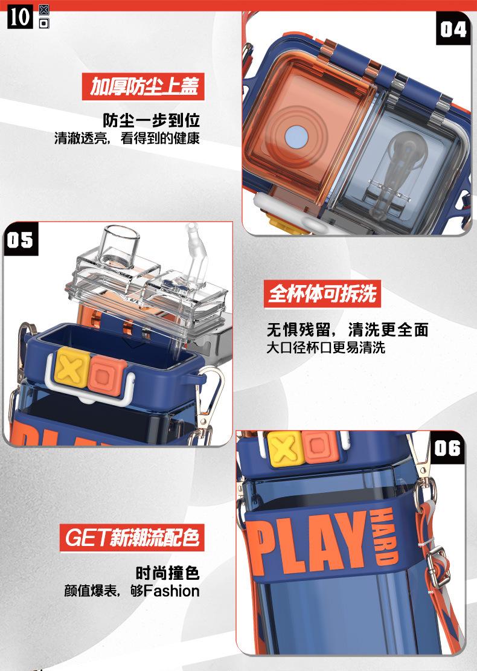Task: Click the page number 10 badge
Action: pyautogui.click(x=20, y=16)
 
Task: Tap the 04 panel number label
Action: pyautogui.click(x=452, y=28)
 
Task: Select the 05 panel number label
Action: pyautogui.click(x=20, y=240)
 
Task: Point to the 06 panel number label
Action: pyautogui.click(x=447, y=448)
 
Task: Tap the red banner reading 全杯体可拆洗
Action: pyautogui.click(x=322, y=294)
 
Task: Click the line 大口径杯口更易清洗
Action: pyautogui.click(x=325, y=348)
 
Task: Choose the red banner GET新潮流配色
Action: pyautogui.click(x=132, y=536)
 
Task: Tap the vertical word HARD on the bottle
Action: pyautogui.click(x=383, y=535)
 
